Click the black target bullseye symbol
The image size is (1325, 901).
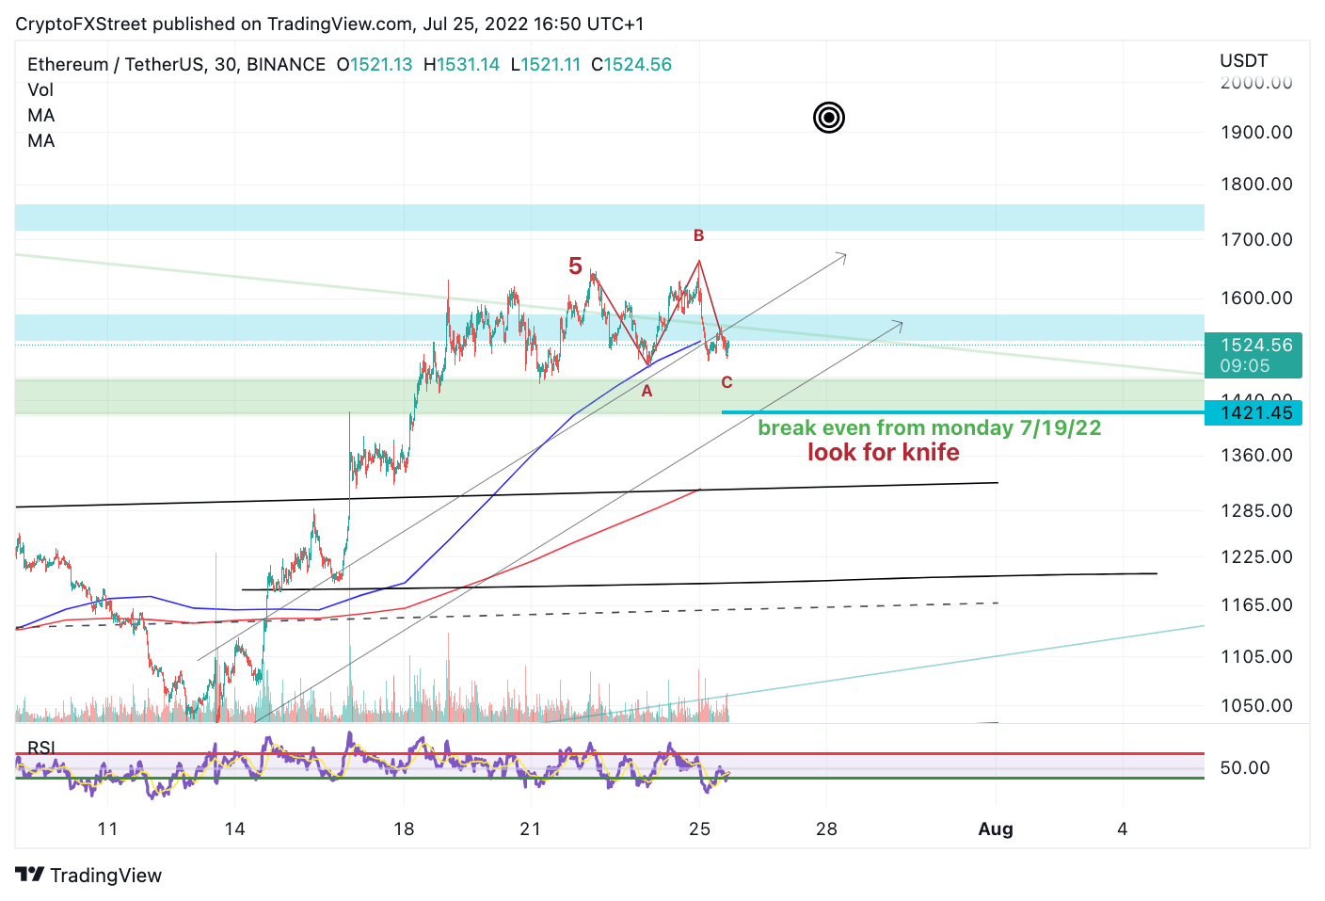829,118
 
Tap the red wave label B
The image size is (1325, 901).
698,235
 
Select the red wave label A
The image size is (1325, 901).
647,391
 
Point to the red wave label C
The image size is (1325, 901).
726,382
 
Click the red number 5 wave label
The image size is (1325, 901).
575,266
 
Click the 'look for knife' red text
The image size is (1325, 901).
883,453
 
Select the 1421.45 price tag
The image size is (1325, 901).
1255,413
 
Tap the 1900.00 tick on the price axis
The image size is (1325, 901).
1255,133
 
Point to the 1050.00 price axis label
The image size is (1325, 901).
1255,705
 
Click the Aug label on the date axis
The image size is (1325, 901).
996,829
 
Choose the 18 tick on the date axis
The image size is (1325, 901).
404,829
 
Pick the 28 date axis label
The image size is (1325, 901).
826,829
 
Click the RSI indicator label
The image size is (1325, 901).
41,748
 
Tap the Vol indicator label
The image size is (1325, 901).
40,90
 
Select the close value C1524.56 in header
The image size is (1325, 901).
631,65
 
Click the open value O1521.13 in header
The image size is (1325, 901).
375,65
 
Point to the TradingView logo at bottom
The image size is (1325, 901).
89,876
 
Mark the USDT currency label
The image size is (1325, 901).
1243,61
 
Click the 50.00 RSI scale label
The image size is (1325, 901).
1244,768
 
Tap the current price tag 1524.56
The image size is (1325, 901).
1255,346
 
